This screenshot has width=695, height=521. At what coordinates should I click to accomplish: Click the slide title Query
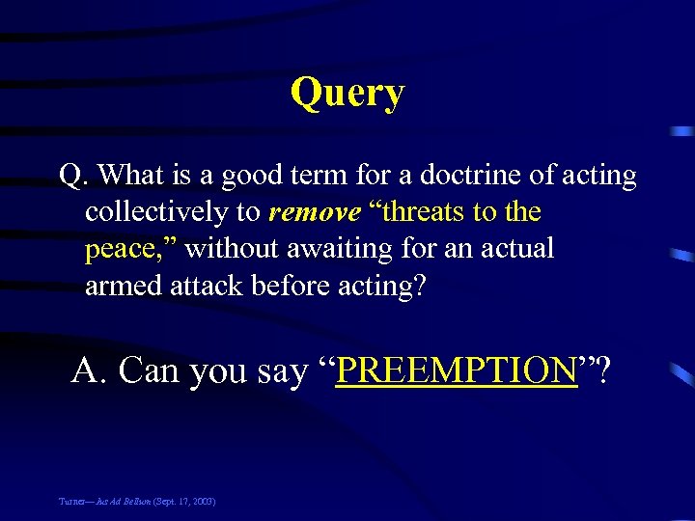pos(347,94)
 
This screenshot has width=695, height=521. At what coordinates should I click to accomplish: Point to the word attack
pos(209,286)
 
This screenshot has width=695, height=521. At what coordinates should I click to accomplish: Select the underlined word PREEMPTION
pos(456,370)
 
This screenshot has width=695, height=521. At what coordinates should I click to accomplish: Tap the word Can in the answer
pos(149,370)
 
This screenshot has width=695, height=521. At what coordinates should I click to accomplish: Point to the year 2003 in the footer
pos(202,502)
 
